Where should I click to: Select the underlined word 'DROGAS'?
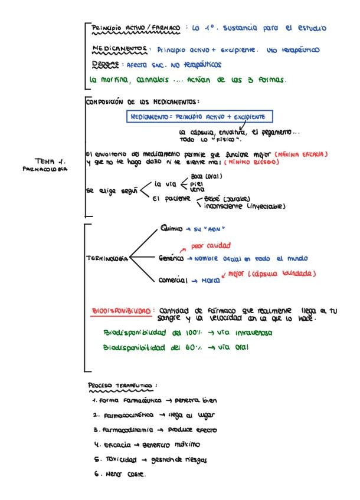click(106, 64)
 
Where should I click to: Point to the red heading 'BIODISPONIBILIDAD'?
click(123, 310)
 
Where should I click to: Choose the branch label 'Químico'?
click(172, 228)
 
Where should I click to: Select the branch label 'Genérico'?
click(172, 259)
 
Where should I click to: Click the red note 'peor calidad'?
click(211, 245)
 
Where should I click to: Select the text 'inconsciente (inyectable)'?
click(244, 206)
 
